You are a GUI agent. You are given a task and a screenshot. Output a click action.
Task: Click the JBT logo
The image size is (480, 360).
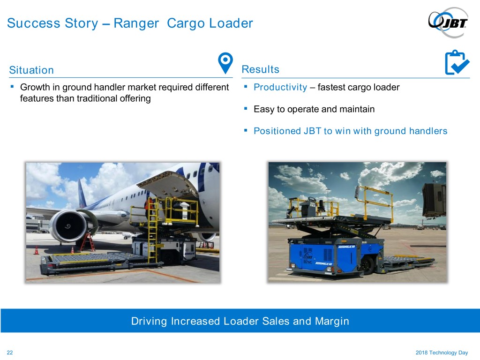point(448,22)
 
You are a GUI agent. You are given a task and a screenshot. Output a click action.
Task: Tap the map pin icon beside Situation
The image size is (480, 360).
point(225,63)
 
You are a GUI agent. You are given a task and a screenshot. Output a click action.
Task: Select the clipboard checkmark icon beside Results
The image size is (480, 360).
point(457,62)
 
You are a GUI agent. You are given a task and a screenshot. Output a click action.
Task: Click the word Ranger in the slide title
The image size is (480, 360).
point(136,23)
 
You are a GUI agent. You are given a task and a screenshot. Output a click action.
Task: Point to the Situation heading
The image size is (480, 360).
point(31,70)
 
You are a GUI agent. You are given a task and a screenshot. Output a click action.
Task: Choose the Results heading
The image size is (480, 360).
point(261,69)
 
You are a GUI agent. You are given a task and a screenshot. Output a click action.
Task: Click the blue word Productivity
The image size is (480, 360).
point(280,88)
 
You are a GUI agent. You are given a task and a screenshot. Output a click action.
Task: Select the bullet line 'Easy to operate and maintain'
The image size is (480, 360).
point(314,109)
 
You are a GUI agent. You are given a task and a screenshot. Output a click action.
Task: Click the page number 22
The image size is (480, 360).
point(10,352)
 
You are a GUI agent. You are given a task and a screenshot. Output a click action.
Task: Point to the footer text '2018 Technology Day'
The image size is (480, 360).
point(442,352)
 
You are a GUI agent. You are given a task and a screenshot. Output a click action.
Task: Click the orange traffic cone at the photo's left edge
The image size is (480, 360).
point(36,250)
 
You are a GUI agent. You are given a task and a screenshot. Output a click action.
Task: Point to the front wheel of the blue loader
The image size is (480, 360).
point(368,265)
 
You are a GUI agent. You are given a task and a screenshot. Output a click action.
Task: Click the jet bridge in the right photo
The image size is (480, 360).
point(434,201)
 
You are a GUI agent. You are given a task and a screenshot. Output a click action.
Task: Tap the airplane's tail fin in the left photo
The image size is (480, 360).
point(81,193)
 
